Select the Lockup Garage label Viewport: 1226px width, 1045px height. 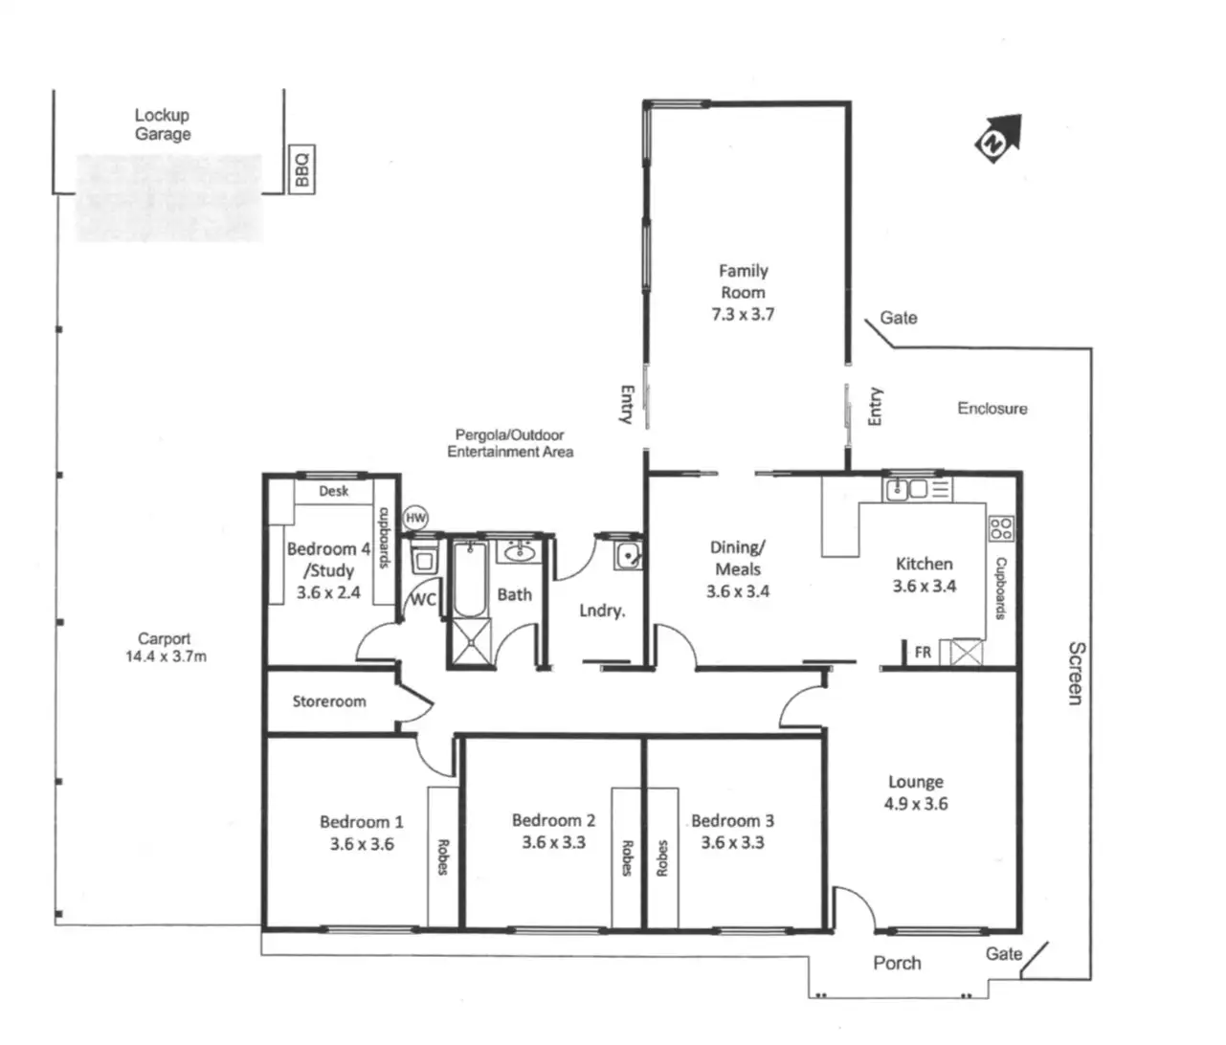162,124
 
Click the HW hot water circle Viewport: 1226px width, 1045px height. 415,518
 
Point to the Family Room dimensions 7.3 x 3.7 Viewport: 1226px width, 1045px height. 743,314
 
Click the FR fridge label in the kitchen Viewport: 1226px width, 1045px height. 923,653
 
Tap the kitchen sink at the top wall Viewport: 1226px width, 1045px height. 908,490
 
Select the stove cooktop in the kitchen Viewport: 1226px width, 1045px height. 1001,527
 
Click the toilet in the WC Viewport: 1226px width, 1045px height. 423,558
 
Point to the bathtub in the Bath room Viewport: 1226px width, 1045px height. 469,579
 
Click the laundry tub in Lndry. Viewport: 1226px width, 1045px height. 628,554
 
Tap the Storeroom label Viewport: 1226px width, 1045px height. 329,701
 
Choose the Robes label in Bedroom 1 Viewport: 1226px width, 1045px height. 443,856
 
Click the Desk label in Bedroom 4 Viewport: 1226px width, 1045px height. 334,491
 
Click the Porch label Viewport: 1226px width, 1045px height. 897,963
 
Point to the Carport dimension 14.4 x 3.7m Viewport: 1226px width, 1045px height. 166,656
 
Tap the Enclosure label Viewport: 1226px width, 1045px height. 992,409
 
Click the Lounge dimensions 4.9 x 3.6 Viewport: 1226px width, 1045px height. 916,804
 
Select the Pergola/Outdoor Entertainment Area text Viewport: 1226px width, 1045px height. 510,443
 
